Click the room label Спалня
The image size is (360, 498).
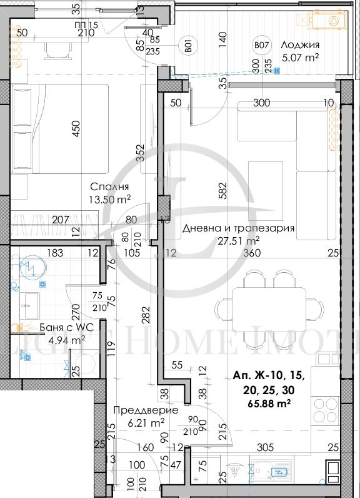pyautogui.click(x=109, y=187)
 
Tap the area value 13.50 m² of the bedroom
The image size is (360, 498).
pyautogui.click(x=109, y=200)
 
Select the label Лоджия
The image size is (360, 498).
pyautogui.click(x=300, y=45)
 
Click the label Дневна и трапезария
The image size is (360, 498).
pyautogui.click(x=238, y=228)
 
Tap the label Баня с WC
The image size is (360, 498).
pyautogui.click(x=44, y=327)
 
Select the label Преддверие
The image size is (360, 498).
pyautogui.click(x=146, y=410)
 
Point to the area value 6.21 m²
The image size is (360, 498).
pyautogui.click(x=146, y=423)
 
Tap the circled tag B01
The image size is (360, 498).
pyautogui.click(x=186, y=45)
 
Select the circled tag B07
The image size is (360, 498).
pyautogui.click(x=260, y=45)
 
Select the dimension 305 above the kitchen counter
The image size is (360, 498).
pyautogui.click(x=265, y=447)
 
